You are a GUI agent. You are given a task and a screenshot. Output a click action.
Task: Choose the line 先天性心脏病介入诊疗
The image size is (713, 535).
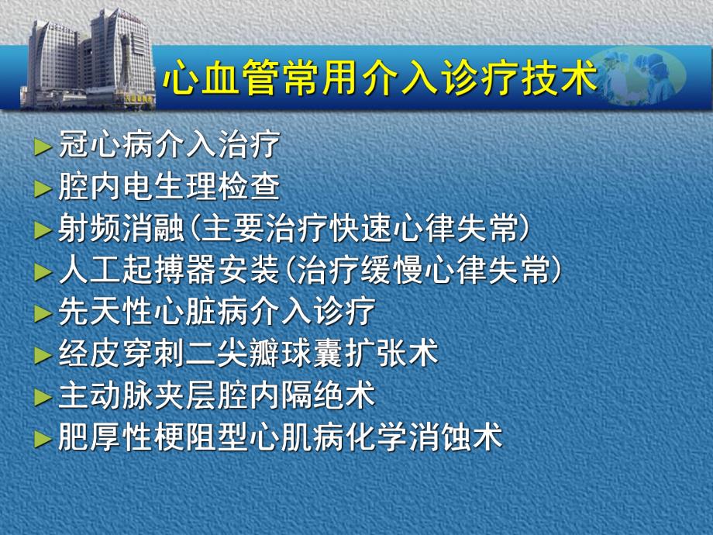click(216, 312)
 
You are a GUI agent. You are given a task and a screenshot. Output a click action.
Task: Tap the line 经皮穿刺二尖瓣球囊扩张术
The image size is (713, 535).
click(248, 354)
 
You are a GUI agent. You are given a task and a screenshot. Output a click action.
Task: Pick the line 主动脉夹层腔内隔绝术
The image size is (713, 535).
click(216, 396)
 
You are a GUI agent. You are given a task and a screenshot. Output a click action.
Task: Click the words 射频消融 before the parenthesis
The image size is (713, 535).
click(121, 229)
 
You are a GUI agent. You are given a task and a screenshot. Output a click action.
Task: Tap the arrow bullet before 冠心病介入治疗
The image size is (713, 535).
click(43, 147)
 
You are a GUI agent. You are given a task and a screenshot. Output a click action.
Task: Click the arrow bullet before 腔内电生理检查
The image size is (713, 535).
click(43, 188)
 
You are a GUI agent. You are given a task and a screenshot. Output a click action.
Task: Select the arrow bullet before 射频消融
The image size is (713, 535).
click(43, 230)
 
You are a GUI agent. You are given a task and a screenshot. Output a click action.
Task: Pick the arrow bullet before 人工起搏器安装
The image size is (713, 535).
click(43, 272)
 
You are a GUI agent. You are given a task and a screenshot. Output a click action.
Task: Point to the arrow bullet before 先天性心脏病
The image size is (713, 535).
click(43, 314)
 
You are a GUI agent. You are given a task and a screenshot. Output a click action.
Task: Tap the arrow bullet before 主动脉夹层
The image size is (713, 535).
click(43, 398)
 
